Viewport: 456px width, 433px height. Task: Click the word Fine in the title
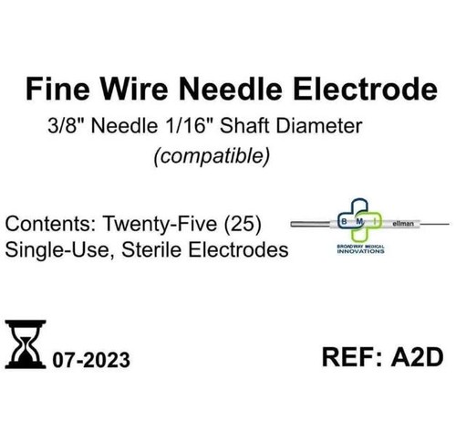click(x=57, y=89)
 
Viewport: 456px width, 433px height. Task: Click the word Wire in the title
click(x=134, y=89)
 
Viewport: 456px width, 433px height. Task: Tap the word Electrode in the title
click(x=365, y=89)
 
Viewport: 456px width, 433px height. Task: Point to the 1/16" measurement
click(x=188, y=126)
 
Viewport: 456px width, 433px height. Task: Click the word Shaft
click(x=245, y=126)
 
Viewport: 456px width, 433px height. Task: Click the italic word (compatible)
click(x=212, y=156)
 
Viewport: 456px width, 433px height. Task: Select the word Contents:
click(x=51, y=224)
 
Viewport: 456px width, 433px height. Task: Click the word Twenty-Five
click(x=161, y=224)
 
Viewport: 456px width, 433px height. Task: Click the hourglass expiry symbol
click(x=26, y=344)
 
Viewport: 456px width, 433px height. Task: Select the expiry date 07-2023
click(x=91, y=360)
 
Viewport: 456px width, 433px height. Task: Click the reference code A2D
click(x=417, y=357)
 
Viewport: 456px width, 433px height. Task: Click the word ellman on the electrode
click(x=403, y=224)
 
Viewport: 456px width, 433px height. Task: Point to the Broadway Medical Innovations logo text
click(x=360, y=249)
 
